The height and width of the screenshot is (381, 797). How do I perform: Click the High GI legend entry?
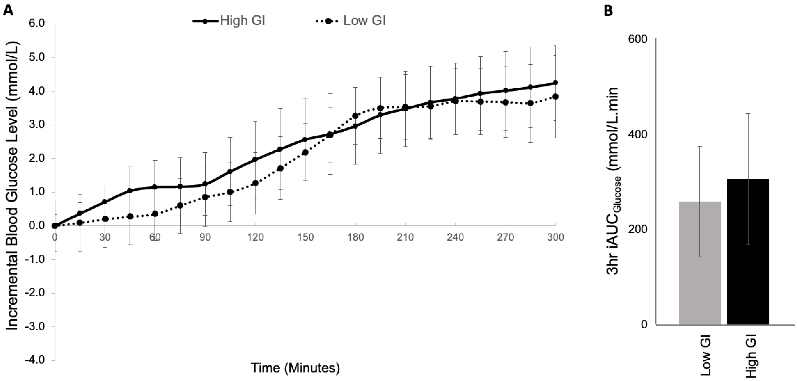pos(229,21)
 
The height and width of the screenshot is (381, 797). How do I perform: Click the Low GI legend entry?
pos(351,21)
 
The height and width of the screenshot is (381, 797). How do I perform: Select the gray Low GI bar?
pos(700,263)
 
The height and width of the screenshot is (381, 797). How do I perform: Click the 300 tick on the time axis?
pos(556,237)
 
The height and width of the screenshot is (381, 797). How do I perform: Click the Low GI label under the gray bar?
pos(705,359)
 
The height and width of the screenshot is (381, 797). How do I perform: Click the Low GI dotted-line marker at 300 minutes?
pos(556,97)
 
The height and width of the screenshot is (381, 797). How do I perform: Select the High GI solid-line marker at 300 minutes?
pos(556,83)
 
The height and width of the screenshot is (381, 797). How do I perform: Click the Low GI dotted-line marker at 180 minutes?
pos(355,116)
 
